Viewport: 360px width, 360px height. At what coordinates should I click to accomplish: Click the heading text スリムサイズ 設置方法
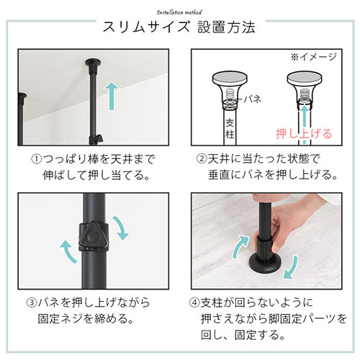pos(179,27)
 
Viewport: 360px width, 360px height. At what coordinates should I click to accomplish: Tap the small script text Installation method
pos(179,12)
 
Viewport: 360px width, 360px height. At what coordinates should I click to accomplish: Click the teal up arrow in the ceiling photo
pos(112,96)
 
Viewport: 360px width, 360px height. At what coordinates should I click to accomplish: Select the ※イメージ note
pos(314,57)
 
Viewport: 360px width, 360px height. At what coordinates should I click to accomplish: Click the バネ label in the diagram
pos(253,99)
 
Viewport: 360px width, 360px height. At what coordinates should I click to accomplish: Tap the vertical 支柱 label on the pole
pos(230,129)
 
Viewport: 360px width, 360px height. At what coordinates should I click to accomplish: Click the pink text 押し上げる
pos(304,134)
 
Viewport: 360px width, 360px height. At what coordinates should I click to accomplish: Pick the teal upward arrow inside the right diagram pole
pos(305,125)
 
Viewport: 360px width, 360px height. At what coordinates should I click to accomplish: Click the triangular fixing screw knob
pos(93,236)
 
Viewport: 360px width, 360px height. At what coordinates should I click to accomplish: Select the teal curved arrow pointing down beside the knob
pos(120,228)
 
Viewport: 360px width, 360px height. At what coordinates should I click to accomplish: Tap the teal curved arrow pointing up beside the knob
pos(68,251)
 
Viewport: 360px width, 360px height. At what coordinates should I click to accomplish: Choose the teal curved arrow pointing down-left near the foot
pos(292,269)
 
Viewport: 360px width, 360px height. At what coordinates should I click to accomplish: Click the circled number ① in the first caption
pos(36,159)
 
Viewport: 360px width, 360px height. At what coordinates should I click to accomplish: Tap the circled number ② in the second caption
pos(202,158)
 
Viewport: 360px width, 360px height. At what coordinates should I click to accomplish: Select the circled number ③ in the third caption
pos(32,302)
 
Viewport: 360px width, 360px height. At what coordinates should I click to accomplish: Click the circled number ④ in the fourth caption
pos(194,302)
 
